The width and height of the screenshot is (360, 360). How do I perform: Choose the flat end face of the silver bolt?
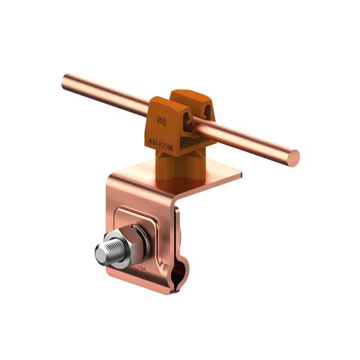(x=99, y=255)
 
